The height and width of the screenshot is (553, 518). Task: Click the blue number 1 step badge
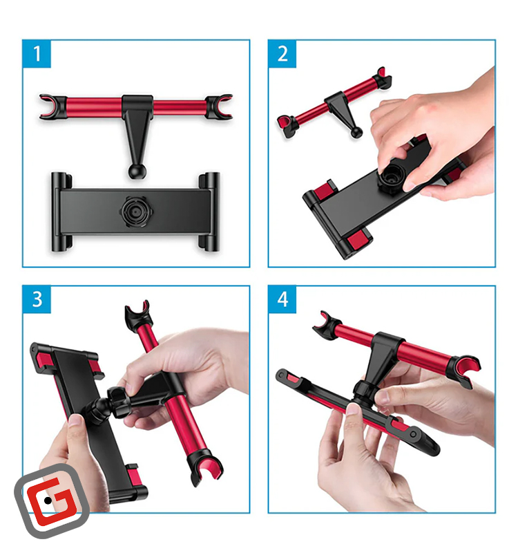point(37,54)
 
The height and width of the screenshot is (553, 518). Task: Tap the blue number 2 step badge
point(282,54)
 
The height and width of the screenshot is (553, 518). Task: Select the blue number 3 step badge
point(37,299)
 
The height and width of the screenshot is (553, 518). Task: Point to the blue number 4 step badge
point(282,299)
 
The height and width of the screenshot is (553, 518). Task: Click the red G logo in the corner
point(52,500)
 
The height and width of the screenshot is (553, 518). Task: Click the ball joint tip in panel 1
point(135,171)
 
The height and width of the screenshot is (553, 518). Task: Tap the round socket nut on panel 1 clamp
point(135,212)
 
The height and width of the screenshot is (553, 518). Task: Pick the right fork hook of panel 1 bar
point(219,106)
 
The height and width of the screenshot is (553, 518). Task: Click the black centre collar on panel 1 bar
point(137,104)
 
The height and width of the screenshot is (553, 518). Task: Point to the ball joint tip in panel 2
point(356,132)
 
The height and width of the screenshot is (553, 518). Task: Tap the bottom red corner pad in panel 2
point(358,241)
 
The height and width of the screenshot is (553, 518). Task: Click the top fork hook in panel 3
point(137,312)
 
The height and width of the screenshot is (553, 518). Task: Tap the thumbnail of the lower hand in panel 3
point(75,421)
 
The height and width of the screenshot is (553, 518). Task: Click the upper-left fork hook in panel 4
point(327,323)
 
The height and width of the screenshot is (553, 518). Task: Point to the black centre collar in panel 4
point(387,344)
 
